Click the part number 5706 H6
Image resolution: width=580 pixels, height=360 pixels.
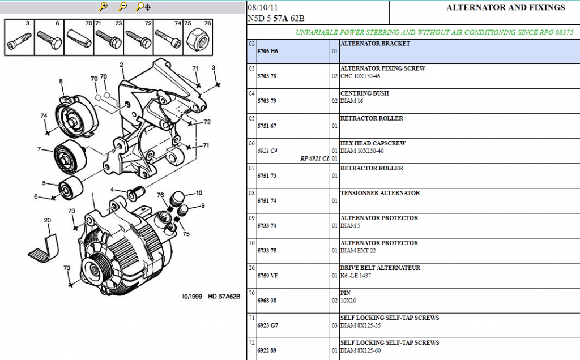(x=267, y=52)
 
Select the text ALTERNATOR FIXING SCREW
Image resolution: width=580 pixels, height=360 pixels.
(x=382, y=68)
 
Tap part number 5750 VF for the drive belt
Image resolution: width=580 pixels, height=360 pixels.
(x=267, y=276)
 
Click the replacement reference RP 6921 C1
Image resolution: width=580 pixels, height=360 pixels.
(x=314, y=158)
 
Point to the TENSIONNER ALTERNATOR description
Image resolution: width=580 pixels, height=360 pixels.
(x=380, y=193)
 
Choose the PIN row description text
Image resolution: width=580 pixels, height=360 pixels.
(x=345, y=293)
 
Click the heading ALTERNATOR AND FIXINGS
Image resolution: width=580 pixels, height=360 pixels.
(x=505, y=7)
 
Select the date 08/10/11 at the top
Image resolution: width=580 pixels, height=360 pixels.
(x=263, y=7)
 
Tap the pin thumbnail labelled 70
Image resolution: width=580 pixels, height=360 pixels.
(x=78, y=38)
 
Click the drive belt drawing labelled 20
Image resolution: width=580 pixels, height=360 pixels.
(x=44, y=247)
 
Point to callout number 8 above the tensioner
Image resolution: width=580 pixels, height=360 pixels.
(x=61, y=82)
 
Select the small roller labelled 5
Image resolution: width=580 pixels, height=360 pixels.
(x=71, y=188)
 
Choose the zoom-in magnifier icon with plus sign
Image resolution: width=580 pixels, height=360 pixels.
(x=104, y=7)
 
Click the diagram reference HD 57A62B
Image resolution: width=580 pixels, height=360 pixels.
(x=224, y=297)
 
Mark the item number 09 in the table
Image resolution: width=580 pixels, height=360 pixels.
(x=252, y=218)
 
